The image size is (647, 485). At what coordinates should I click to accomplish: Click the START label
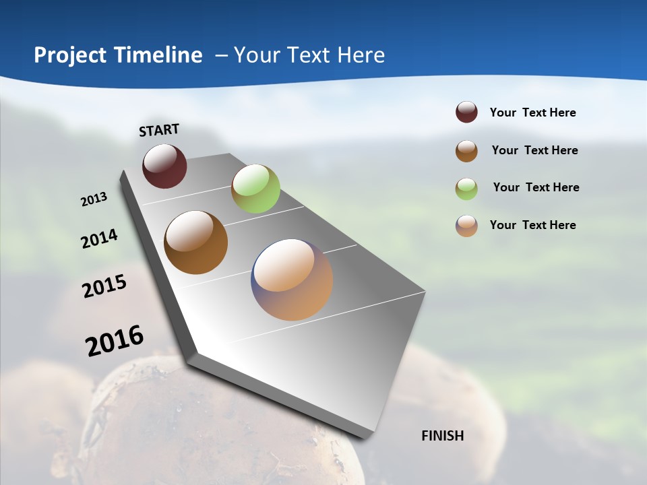click(x=159, y=130)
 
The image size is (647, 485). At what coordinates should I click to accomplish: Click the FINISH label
click(x=442, y=436)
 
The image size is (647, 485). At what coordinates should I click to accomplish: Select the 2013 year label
click(x=94, y=199)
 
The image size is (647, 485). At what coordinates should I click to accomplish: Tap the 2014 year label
click(x=99, y=238)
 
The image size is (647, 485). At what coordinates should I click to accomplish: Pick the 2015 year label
click(x=104, y=286)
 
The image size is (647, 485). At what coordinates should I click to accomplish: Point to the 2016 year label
click(x=115, y=341)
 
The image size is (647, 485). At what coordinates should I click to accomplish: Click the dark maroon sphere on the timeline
click(x=164, y=166)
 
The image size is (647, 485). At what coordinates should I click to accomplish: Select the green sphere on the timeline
click(x=255, y=189)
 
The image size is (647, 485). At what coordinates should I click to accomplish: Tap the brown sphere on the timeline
click(x=195, y=243)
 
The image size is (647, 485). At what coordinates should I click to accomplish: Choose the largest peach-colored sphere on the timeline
click(x=292, y=280)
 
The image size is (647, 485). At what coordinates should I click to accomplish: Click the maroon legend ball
click(x=466, y=112)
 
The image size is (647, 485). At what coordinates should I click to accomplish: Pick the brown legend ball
click(x=466, y=151)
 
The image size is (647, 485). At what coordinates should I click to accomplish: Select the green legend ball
click(x=466, y=189)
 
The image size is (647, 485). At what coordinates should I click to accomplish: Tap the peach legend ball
click(x=466, y=226)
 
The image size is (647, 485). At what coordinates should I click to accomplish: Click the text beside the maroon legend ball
click(x=532, y=113)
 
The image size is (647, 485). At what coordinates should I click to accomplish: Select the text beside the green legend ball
click(x=536, y=187)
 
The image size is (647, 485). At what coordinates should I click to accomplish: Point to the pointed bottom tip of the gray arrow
click(x=364, y=437)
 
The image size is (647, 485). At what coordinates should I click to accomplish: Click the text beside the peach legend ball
click(x=532, y=225)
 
